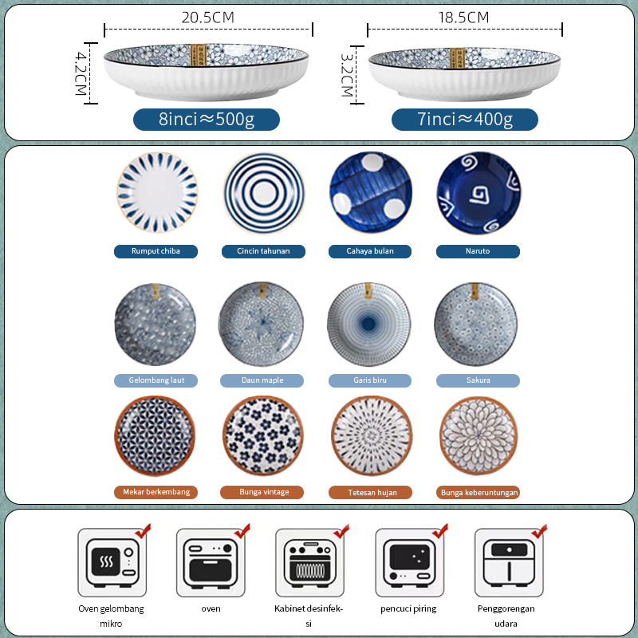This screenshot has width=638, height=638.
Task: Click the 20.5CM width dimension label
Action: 208,16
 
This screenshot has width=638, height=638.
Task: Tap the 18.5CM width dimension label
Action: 464,17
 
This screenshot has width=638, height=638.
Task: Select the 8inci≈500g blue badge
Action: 207,120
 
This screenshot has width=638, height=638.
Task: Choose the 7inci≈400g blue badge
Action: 465,120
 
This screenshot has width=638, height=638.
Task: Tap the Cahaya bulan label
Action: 369,251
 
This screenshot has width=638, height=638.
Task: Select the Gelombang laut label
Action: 156,380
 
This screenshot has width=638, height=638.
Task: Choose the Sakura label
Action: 478,380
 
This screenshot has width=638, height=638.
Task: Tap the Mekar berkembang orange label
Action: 156,492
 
